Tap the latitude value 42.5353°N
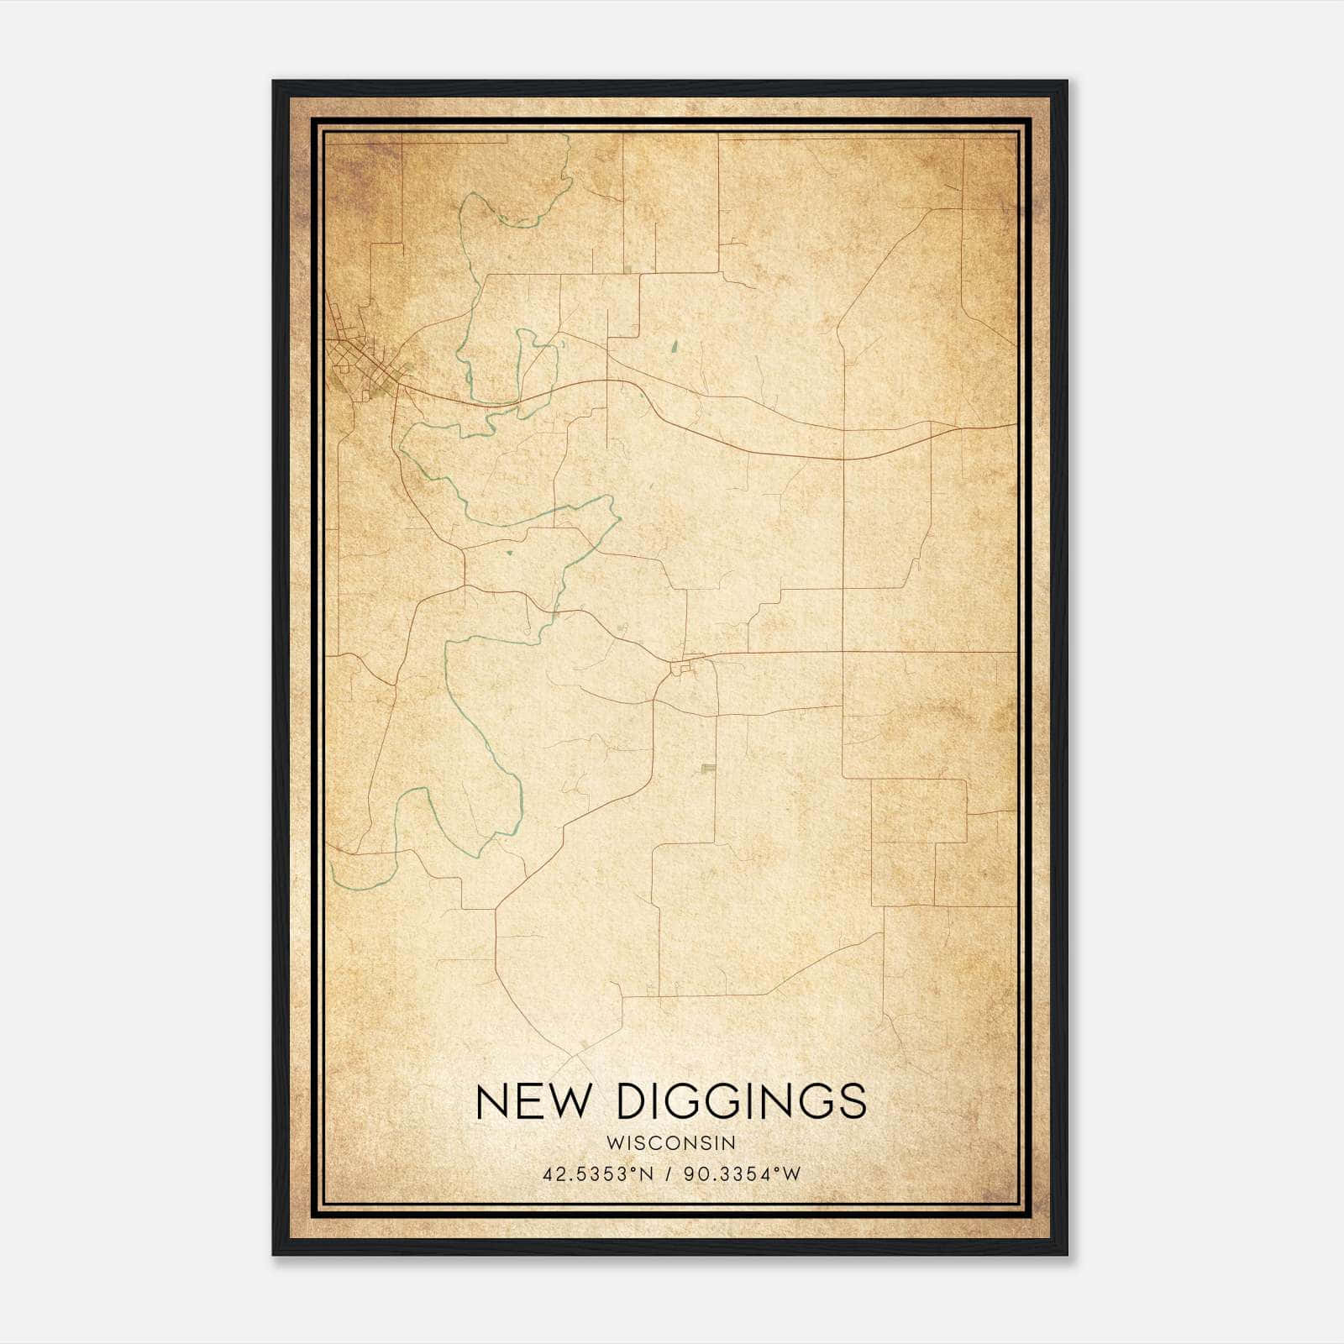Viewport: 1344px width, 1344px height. [597, 1174]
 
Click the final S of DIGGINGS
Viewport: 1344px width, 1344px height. [853, 1101]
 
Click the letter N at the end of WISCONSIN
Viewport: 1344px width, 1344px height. [731, 1142]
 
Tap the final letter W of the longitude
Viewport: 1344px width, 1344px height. [793, 1174]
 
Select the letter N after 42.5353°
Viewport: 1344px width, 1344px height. [647, 1174]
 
